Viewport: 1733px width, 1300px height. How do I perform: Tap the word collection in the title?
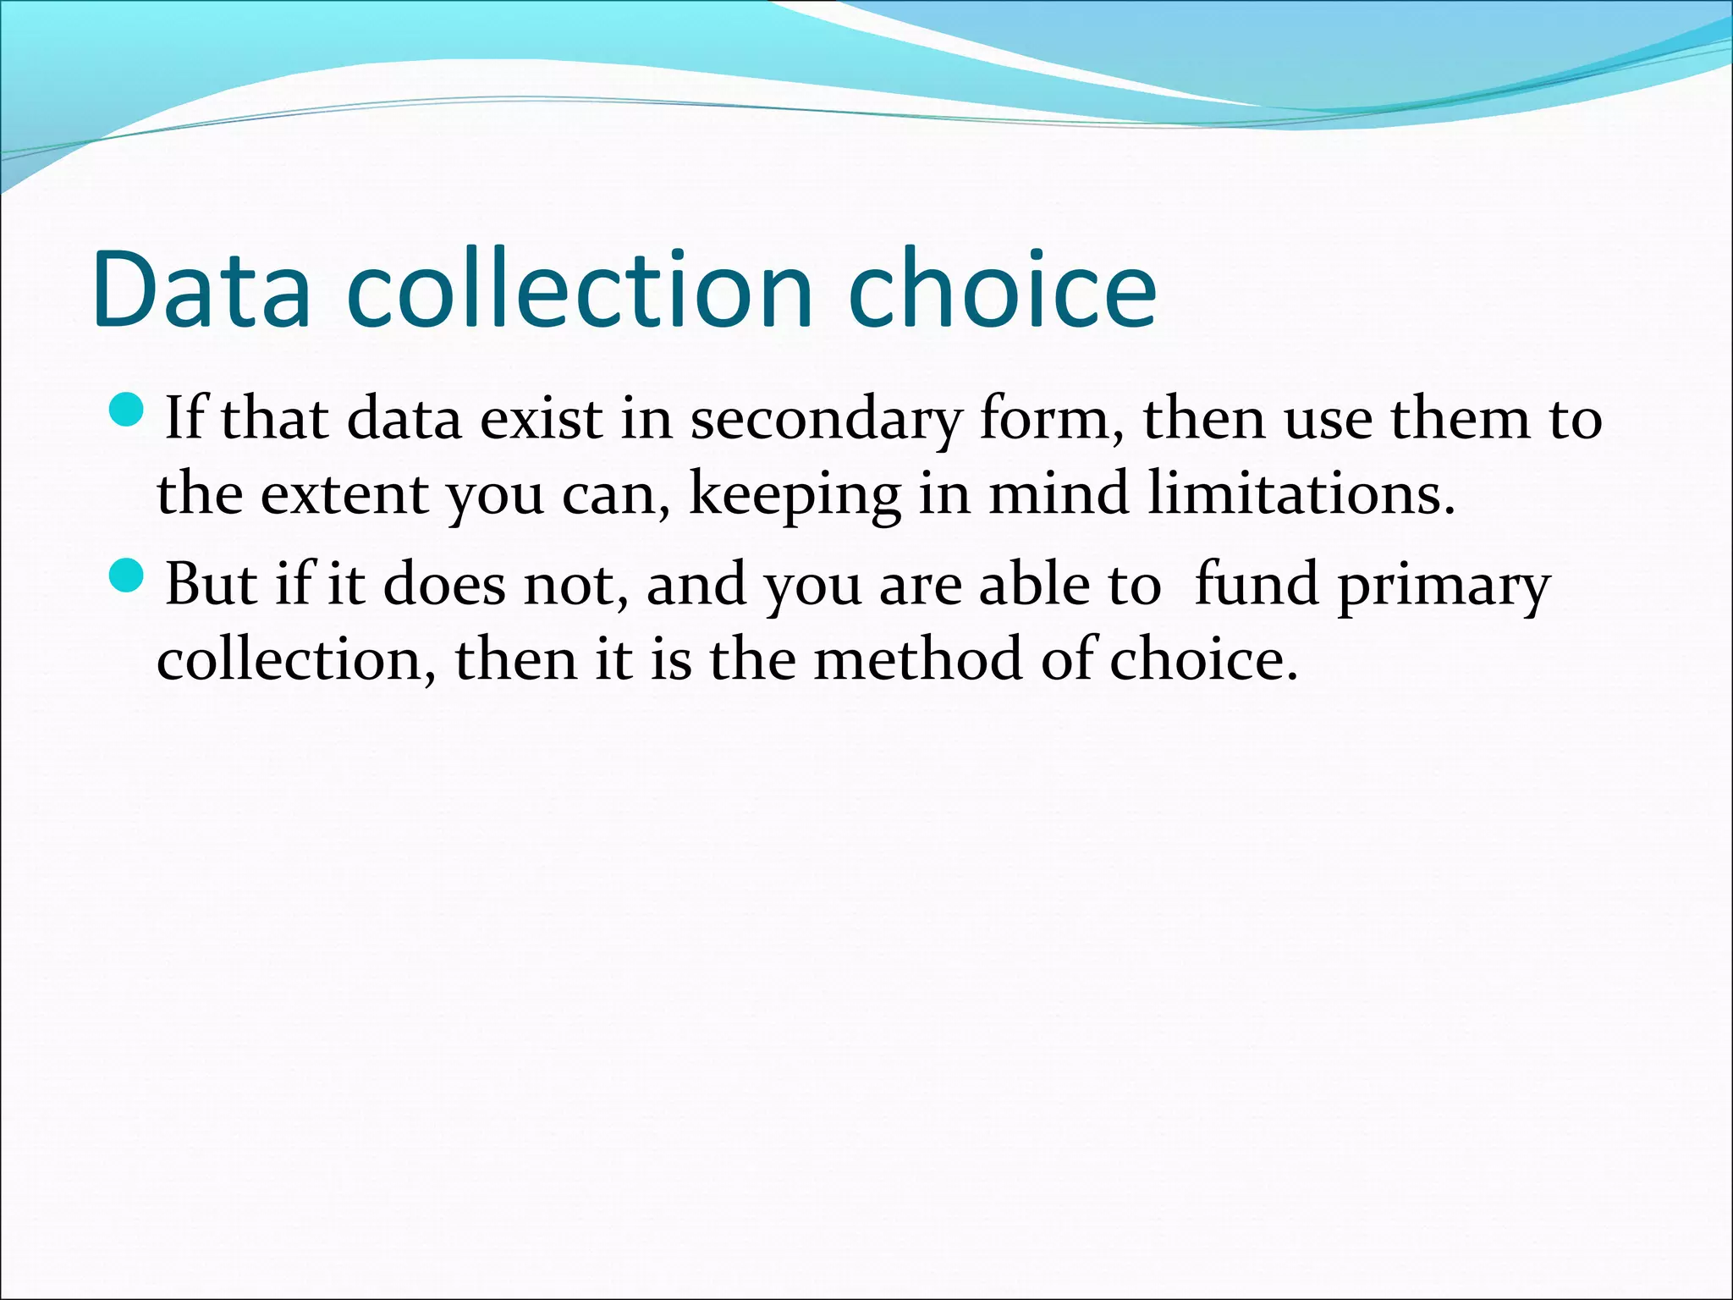coord(580,289)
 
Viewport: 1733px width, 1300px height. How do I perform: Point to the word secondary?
coord(826,420)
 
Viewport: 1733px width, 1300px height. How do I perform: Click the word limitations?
coord(1301,493)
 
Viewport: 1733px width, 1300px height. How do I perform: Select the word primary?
coord(1444,586)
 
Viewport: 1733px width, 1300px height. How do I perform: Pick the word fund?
coord(1256,584)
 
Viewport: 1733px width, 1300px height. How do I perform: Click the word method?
coord(917,659)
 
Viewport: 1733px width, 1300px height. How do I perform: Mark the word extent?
coord(343,495)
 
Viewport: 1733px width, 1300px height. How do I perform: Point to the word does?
coord(444,585)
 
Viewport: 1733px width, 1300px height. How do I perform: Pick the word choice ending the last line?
coord(1202,659)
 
